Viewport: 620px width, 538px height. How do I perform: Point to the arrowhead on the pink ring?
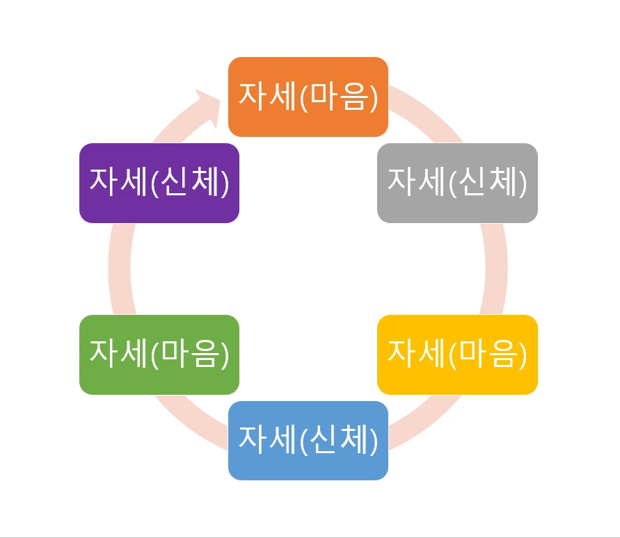(x=209, y=104)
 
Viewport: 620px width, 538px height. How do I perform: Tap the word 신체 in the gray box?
(x=488, y=182)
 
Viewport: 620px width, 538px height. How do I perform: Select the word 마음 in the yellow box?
(x=488, y=354)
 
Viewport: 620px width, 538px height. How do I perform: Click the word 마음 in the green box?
(x=189, y=354)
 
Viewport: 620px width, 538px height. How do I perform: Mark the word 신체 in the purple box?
(x=189, y=182)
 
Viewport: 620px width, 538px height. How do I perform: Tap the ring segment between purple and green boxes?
(x=120, y=268)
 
